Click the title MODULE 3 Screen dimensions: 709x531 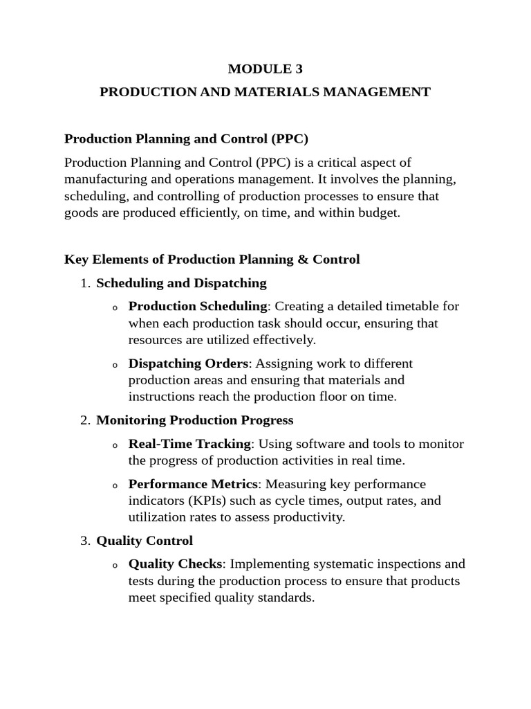(x=265, y=69)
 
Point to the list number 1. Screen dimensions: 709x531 (x=84, y=283)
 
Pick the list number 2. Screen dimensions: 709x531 (x=84, y=420)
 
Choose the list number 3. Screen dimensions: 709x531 (x=84, y=541)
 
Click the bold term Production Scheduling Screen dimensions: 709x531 (x=198, y=306)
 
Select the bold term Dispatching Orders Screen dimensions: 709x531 (x=189, y=364)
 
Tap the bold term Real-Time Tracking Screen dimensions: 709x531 (x=189, y=444)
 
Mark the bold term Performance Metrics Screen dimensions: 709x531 (x=194, y=484)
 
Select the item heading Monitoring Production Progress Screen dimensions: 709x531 (x=195, y=420)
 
